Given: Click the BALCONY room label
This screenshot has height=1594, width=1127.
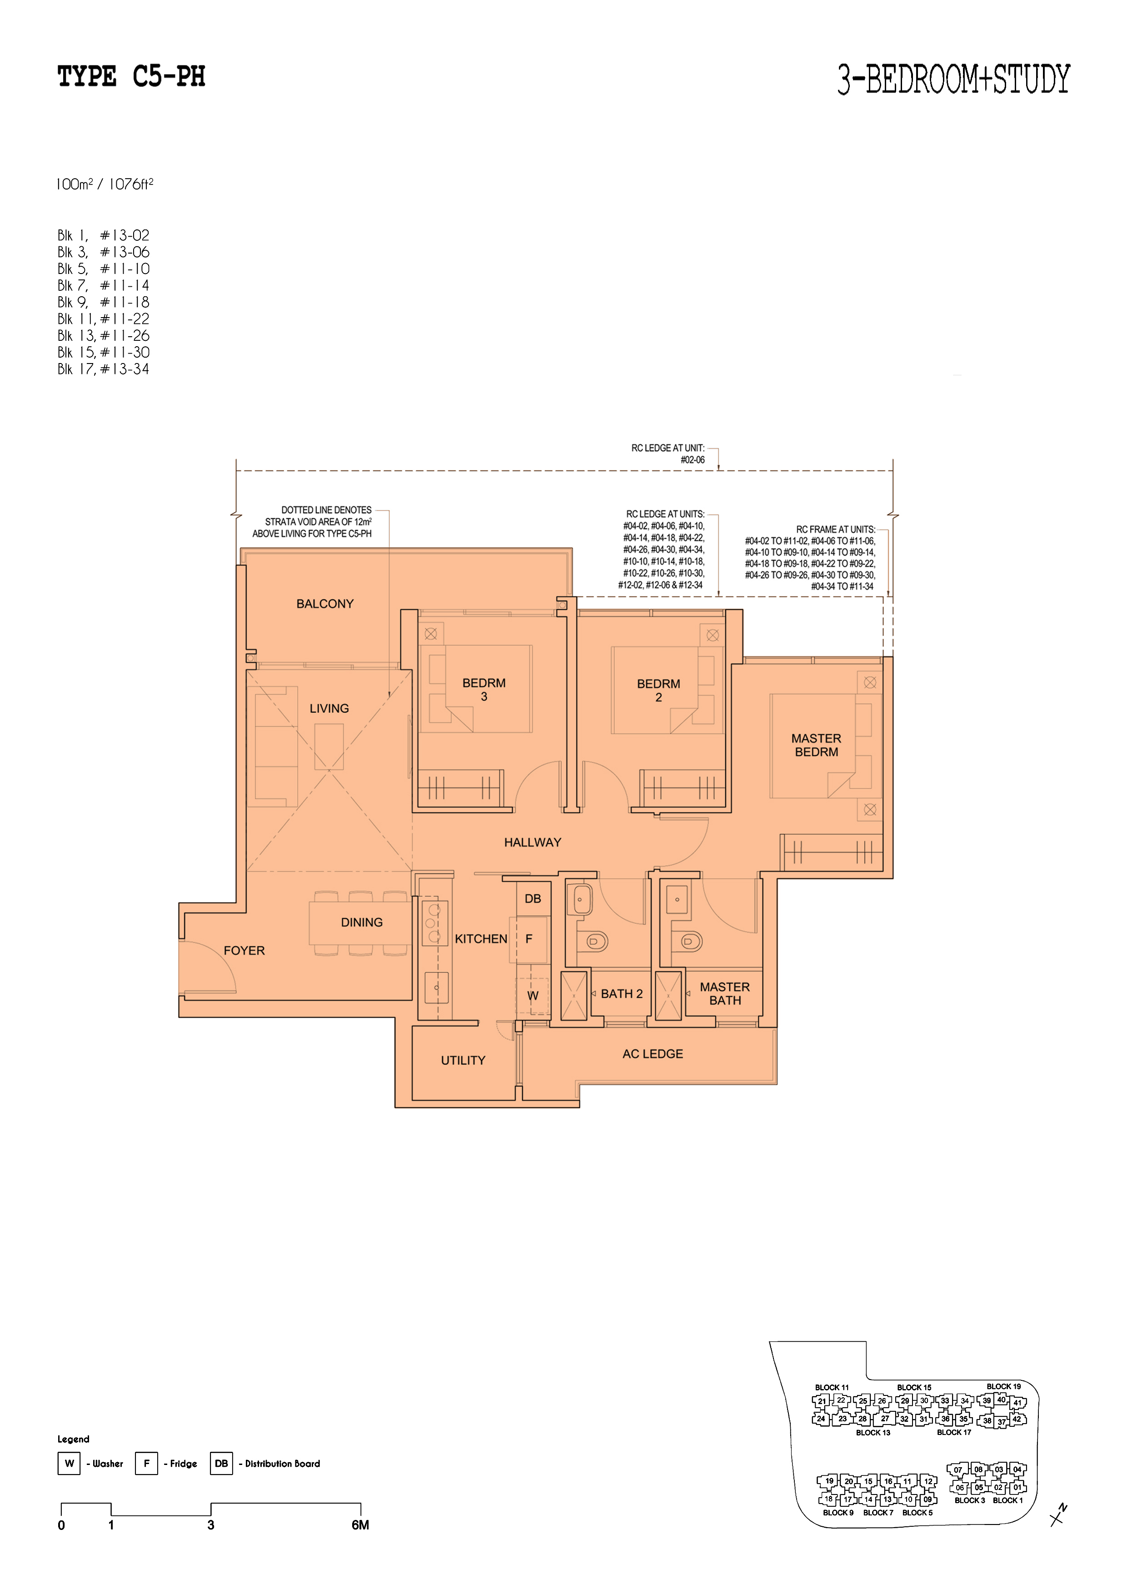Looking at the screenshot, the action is point(325,604).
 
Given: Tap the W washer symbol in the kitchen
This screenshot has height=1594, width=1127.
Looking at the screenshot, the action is point(533,996).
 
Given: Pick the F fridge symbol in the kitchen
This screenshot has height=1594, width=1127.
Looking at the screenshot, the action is point(529,939).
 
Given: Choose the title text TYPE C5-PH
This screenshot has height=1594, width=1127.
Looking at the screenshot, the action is point(131,76).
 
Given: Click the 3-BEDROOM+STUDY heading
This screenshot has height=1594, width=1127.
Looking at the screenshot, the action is point(954,79).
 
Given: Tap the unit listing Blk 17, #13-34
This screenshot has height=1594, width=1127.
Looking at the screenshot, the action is point(104,369).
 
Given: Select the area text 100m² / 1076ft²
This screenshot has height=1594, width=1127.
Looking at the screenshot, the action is point(105,184).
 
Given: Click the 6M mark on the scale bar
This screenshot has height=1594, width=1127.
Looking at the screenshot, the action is point(360,1525).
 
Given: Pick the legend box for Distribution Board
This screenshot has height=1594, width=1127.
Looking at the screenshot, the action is point(221,1464).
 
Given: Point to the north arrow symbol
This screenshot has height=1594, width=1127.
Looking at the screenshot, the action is point(1059,1515).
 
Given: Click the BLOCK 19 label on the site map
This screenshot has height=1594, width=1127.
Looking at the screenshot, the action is point(1003,1386).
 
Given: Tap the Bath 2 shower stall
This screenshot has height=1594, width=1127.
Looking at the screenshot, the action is point(573,996).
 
